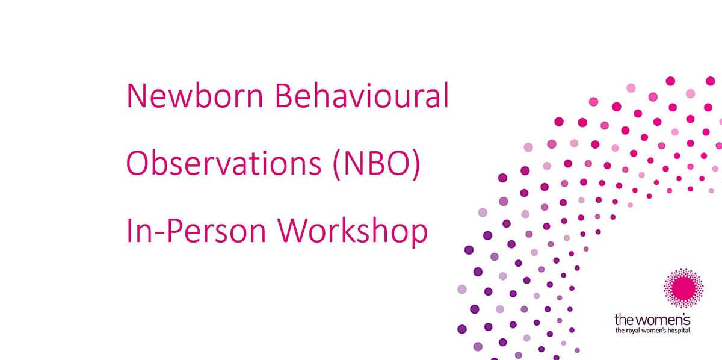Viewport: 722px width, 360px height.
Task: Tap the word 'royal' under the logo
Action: click(632, 331)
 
